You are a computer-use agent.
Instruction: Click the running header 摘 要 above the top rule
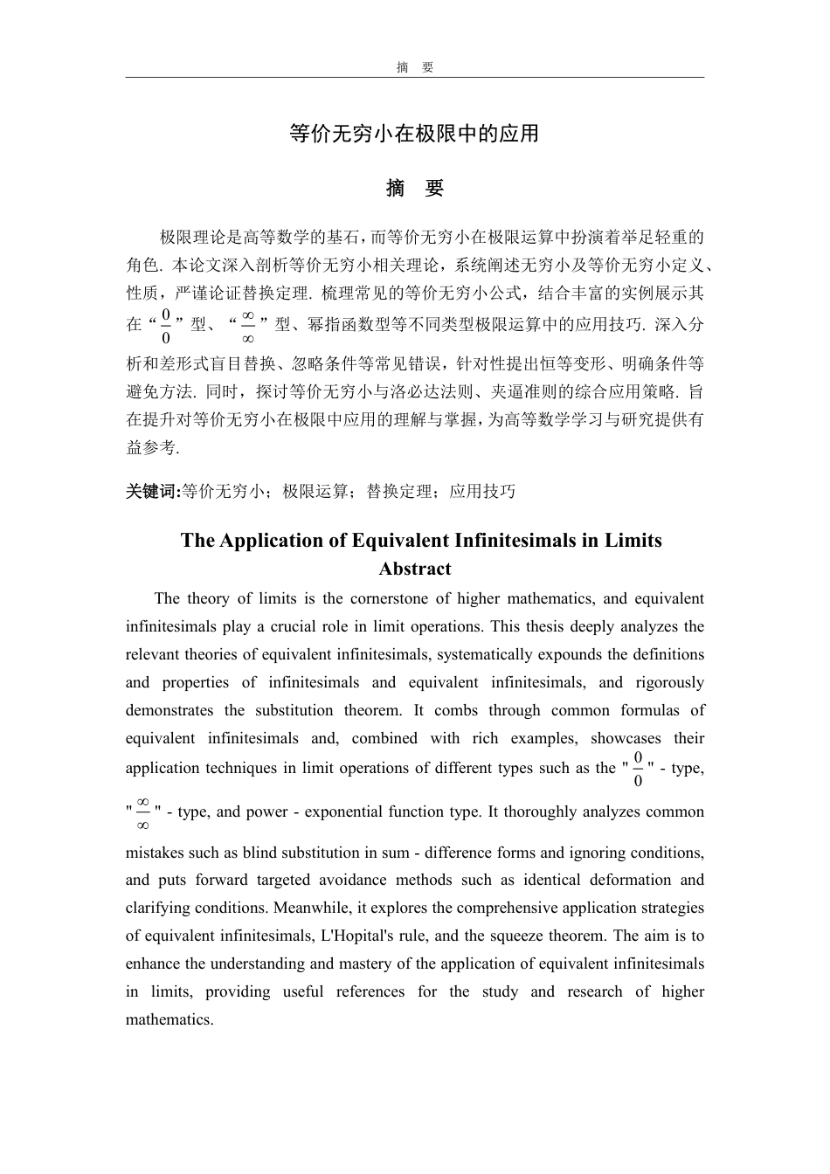414,67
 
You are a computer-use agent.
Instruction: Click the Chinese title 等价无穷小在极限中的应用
414,134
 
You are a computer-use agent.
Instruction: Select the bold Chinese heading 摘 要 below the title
414,188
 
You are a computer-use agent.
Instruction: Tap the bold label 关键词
151,491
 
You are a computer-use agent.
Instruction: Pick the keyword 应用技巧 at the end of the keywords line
482,491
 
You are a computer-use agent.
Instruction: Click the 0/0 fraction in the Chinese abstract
166,325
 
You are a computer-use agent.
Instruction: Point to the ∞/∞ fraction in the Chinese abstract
247,325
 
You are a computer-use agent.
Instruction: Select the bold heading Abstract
414,569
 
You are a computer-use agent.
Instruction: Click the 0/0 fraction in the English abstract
638,769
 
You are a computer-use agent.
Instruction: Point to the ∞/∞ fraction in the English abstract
143,812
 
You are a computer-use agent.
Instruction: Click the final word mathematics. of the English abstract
169,1019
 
